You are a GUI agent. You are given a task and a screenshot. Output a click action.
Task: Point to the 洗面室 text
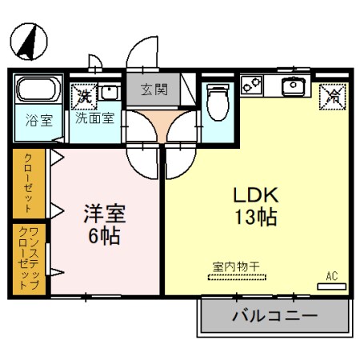[x=94, y=117]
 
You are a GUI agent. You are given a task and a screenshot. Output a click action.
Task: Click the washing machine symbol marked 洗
[x=84, y=94]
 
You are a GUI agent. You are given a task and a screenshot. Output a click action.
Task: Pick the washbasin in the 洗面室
[x=109, y=94]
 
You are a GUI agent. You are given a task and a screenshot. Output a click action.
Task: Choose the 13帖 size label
[x=254, y=217]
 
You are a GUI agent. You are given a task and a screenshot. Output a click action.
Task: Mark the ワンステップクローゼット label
[x=30, y=258]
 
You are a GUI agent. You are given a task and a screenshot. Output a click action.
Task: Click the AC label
[x=331, y=276]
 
